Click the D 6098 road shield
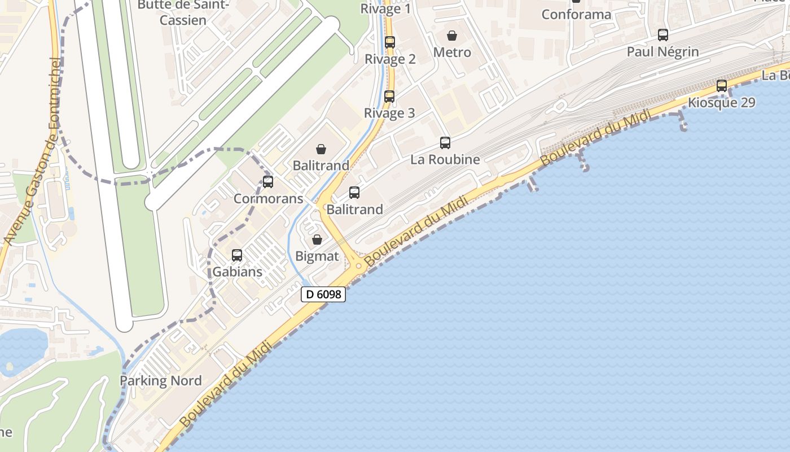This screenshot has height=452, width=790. [x=323, y=294]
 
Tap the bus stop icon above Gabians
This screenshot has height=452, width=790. [x=237, y=255]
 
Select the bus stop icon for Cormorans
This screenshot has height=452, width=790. [x=268, y=182]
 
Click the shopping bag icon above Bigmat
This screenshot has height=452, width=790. [x=317, y=240]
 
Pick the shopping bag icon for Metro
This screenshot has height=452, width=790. [x=452, y=36]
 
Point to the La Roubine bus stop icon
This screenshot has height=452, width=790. [x=445, y=143]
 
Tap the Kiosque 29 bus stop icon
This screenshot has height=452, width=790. [x=722, y=86]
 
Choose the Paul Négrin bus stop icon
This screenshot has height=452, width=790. [x=663, y=35]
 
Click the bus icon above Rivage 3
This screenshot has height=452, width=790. [x=389, y=97]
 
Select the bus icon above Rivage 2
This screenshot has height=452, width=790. [x=390, y=42]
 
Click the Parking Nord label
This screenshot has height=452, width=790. [x=160, y=381]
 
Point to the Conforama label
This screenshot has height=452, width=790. [x=576, y=15]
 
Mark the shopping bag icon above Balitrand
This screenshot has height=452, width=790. [x=321, y=149]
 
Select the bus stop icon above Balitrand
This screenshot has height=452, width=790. [x=354, y=193]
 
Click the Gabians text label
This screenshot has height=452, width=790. [x=237, y=272]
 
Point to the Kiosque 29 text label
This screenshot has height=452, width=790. [x=721, y=103]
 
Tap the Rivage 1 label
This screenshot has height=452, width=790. [x=385, y=8]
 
